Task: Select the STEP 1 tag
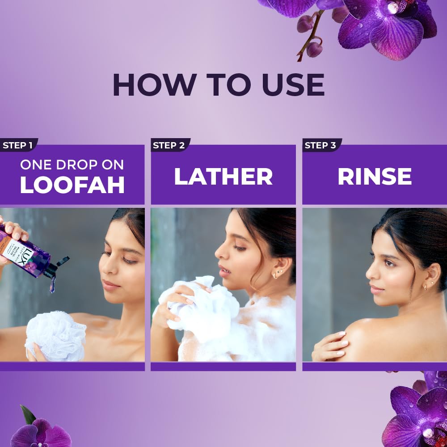click(18, 145)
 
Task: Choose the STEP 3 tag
click(320, 145)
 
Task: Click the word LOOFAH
click(72, 185)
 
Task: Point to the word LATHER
click(223, 177)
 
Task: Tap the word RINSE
click(374, 177)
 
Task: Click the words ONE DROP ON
click(72, 164)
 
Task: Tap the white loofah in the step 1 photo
click(56, 335)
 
